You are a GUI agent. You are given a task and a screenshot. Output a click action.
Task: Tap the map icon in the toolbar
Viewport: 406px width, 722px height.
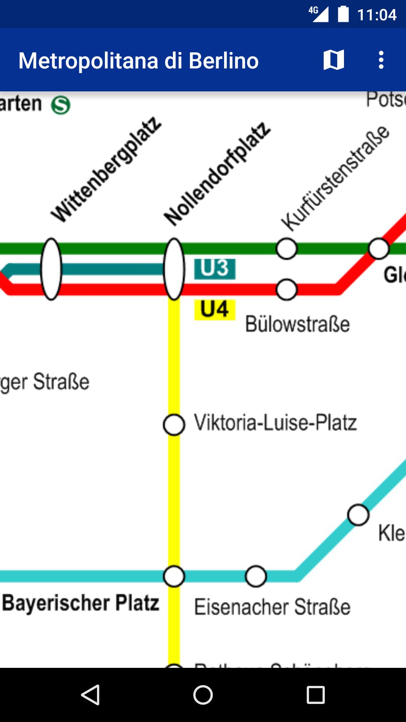click(x=334, y=60)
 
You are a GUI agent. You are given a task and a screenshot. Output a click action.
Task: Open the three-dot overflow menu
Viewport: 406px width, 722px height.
click(x=381, y=60)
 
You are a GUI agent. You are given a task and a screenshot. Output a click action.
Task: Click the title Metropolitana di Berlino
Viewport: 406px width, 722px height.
click(x=138, y=61)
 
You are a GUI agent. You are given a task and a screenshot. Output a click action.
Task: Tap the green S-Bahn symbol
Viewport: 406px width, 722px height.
click(x=61, y=105)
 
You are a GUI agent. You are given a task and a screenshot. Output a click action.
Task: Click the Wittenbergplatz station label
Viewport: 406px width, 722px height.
click(x=106, y=170)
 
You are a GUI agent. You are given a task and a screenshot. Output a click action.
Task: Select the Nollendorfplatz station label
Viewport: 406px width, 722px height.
click(x=217, y=174)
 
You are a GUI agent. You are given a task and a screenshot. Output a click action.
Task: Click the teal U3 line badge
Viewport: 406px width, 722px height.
click(x=215, y=269)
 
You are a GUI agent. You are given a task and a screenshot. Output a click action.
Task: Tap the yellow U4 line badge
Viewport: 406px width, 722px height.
click(x=215, y=310)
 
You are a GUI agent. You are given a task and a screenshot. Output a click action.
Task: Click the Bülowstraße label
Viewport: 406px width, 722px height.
click(x=297, y=324)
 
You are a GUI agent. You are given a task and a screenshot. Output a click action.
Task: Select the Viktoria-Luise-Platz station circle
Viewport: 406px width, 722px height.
click(x=174, y=425)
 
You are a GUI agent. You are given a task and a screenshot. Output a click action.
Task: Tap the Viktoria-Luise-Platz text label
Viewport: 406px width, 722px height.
click(x=275, y=423)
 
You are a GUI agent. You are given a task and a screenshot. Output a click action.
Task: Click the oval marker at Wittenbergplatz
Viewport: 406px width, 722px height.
click(x=51, y=269)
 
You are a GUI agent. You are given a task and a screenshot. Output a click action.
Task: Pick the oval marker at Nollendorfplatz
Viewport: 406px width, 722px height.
click(x=174, y=269)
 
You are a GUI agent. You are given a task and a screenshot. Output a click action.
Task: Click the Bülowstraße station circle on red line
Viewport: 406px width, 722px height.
click(x=286, y=290)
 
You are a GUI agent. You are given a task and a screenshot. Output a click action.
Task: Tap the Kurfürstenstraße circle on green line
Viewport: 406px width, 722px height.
click(x=286, y=249)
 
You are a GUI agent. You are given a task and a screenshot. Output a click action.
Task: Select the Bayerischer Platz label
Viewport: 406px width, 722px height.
click(x=81, y=603)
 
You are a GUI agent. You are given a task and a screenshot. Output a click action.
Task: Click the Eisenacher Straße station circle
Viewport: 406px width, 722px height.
click(x=256, y=576)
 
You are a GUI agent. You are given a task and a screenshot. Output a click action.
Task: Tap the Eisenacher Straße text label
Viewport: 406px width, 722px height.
click(x=272, y=607)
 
